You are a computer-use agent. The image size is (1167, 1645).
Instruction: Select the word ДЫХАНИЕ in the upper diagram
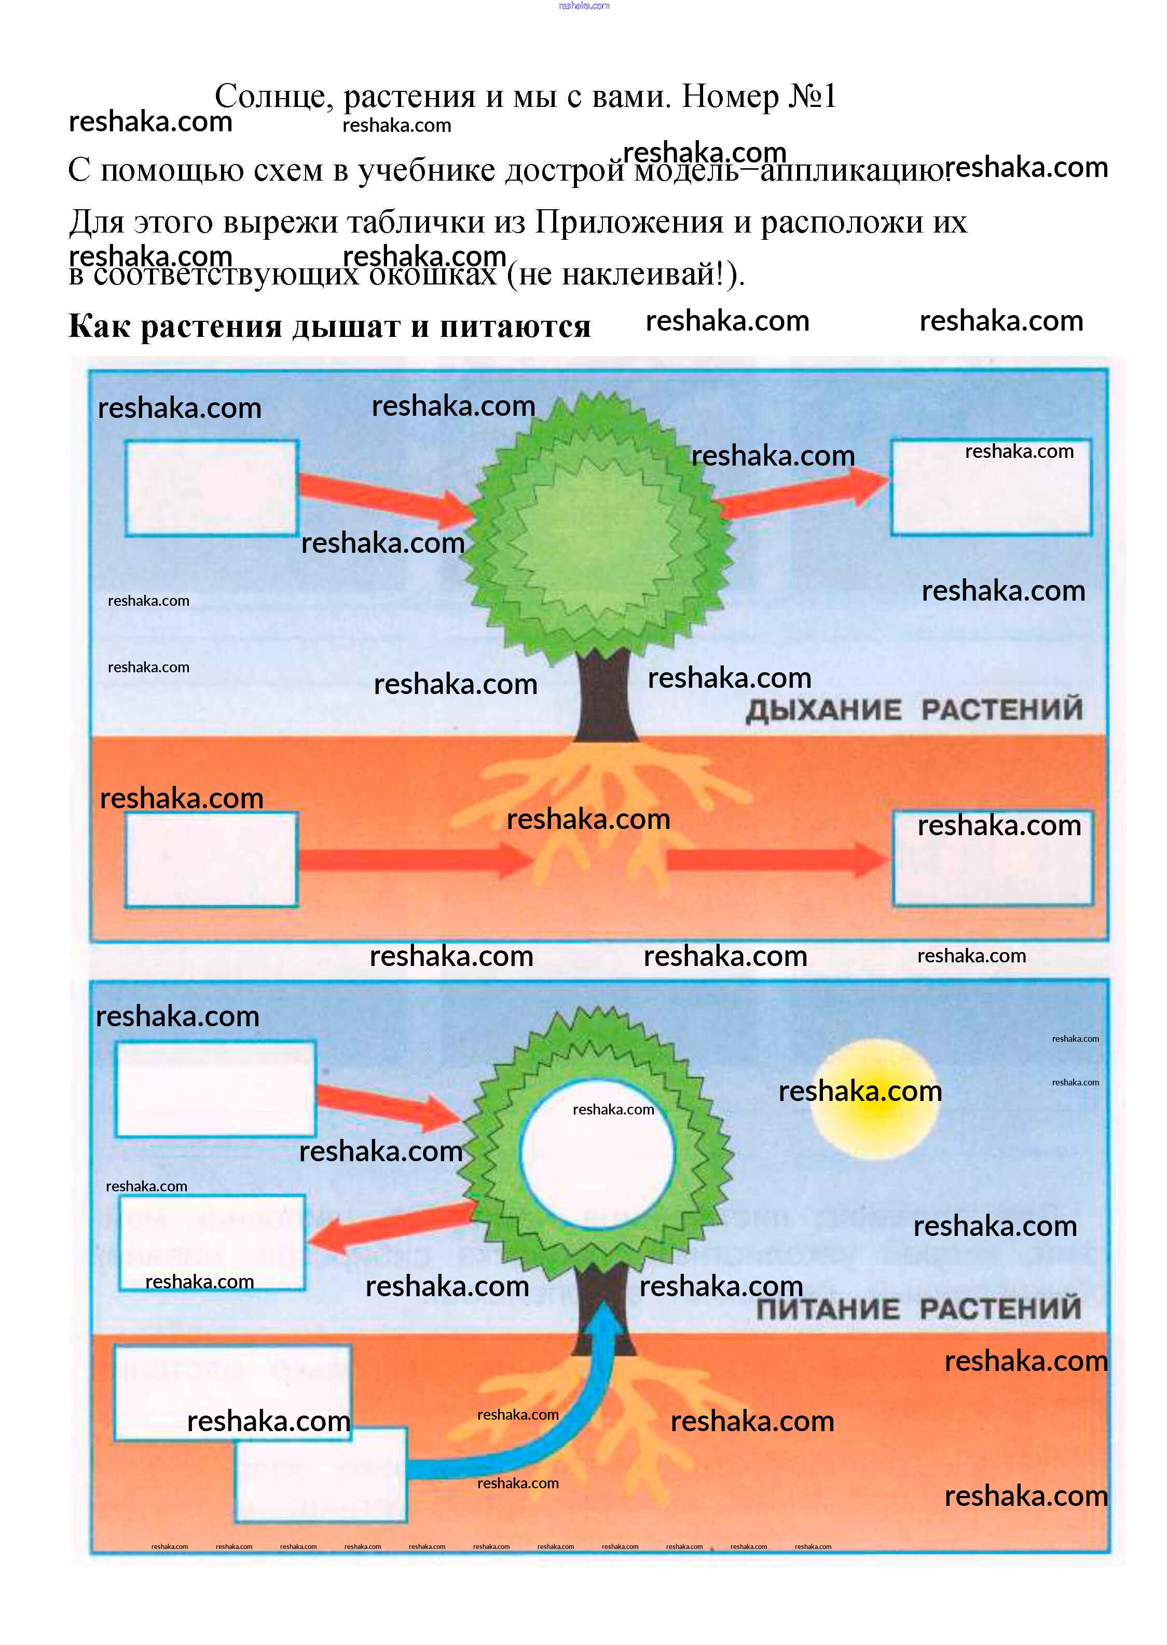tap(823, 710)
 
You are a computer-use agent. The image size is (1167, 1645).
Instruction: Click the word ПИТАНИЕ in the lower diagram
tap(827, 1309)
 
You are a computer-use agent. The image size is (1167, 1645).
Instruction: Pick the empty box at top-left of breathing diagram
tap(211, 488)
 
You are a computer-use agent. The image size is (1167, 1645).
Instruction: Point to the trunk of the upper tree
tap(605, 694)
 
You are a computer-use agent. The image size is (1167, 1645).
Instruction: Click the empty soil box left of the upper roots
tap(211, 859)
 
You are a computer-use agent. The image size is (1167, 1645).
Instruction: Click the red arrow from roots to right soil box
tap(776, 859)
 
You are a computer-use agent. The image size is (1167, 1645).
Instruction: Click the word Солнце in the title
tap(273, 97)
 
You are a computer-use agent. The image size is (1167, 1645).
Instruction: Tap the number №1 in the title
tap(812, 97)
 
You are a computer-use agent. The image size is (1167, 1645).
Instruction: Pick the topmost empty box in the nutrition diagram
tap(215, 1089)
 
